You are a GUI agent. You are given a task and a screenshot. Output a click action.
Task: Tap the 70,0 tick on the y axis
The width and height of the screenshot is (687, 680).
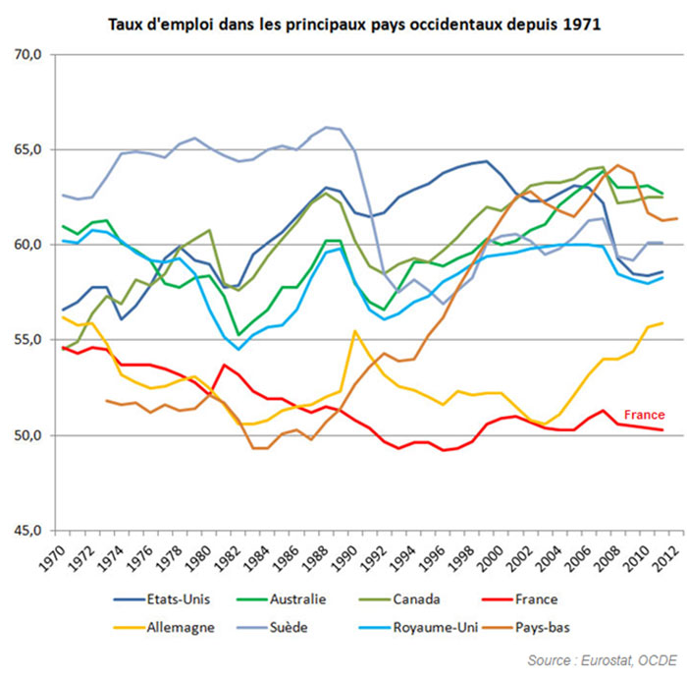28,55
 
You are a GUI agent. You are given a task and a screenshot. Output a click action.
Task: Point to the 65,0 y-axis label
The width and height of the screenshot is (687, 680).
28,150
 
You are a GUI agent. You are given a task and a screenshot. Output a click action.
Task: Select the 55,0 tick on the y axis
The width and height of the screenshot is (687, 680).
28,340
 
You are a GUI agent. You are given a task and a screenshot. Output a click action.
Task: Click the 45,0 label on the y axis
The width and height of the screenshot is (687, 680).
28,531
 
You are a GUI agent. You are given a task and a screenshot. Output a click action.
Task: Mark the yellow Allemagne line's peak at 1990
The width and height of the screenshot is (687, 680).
355,331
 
